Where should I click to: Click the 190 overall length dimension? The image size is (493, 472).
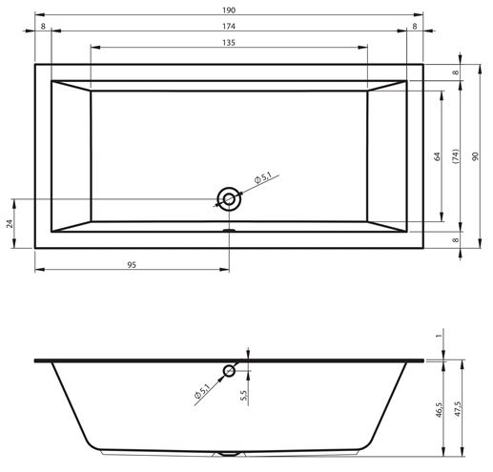pos(229,10)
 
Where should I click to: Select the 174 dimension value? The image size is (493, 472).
pos(229,27)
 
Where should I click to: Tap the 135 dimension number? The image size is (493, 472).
pos(229,43)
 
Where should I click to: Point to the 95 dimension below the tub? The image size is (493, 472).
pos(132,265)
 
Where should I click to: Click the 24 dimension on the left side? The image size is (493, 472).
pos(10,223)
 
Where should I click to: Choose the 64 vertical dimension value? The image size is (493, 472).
pos(438,156)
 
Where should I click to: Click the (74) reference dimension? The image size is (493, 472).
pos(456,156)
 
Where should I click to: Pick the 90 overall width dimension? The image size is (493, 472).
pos(475,156)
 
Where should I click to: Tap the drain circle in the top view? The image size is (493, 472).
pos(229,199)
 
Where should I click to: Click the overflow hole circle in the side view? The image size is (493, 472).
pos(229,371)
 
